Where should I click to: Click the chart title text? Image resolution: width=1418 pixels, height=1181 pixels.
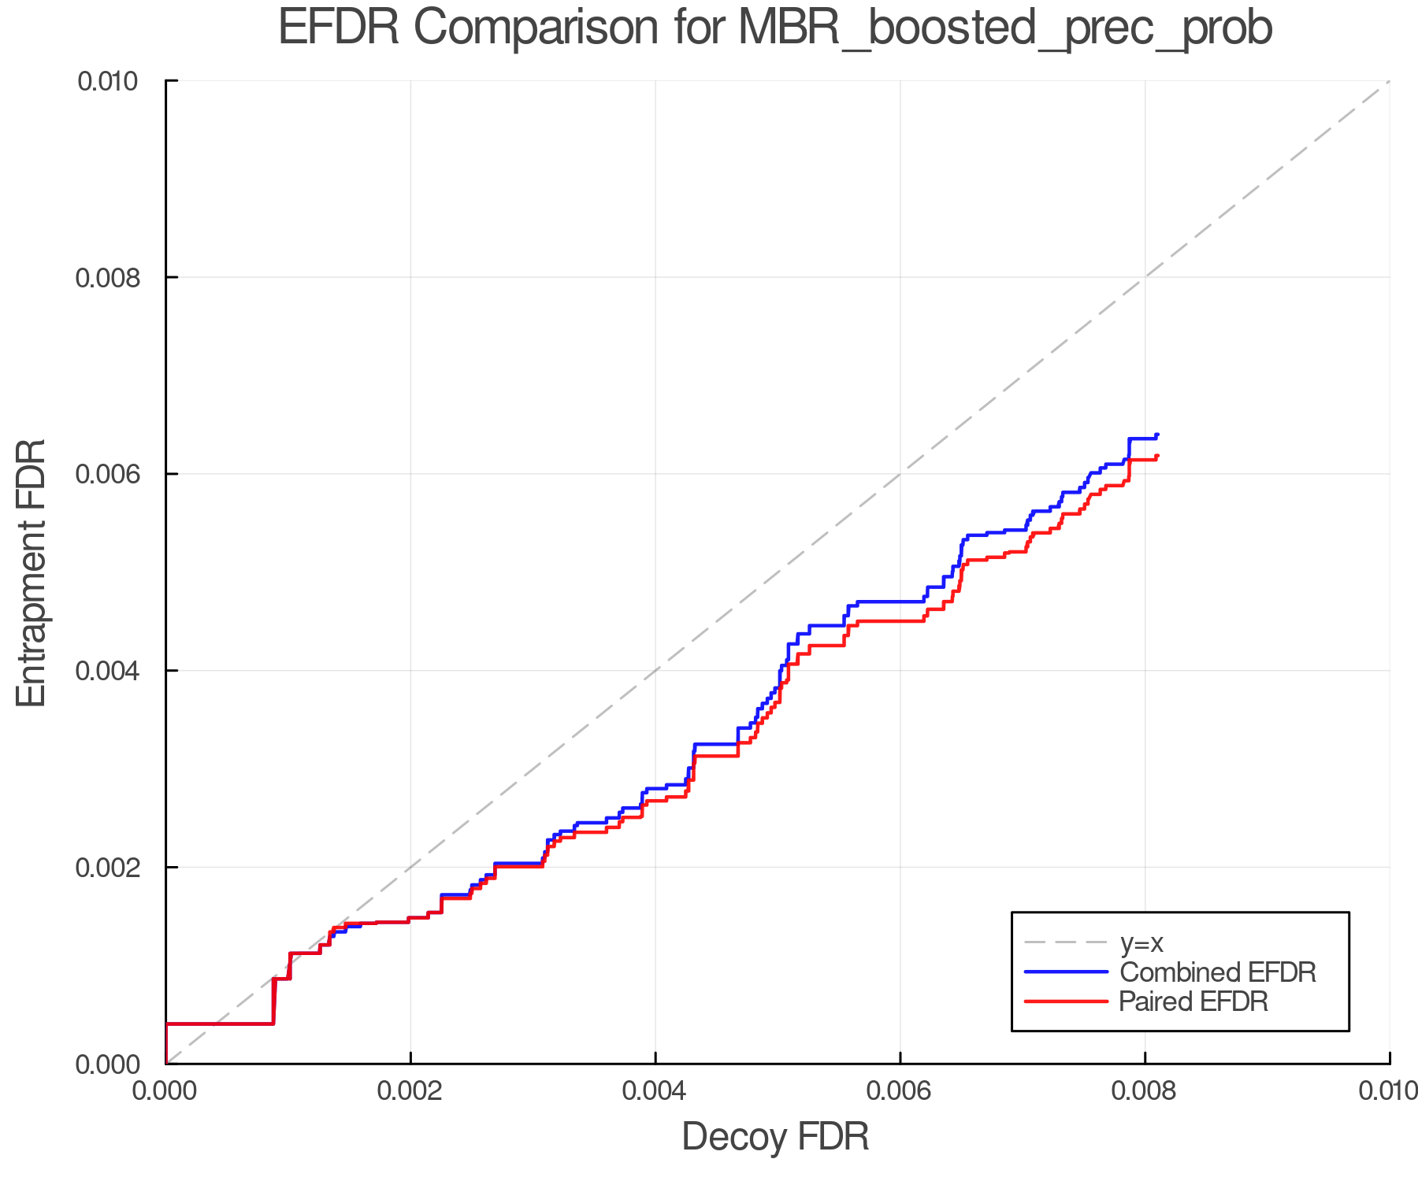[775, 28]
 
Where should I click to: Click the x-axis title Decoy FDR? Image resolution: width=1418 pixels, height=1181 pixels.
[775, 1137]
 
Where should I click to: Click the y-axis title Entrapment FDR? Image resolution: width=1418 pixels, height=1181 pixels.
[32, 572]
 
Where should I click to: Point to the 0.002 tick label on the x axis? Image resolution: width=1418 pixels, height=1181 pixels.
[410, 1091]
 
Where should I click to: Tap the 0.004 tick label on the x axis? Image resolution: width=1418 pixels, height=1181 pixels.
[655, 1091]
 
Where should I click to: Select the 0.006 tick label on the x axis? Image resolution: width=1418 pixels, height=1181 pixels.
[900, 1091]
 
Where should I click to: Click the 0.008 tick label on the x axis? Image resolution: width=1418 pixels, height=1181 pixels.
[1145, 1091]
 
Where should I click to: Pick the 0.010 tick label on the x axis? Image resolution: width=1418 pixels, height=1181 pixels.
[1388, 1091]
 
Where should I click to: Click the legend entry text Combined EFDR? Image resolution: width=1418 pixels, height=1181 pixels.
[1218, 972]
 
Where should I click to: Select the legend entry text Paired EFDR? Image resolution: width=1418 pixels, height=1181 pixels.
[1194, 1001]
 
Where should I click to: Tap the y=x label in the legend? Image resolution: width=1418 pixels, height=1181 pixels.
[1141, 942]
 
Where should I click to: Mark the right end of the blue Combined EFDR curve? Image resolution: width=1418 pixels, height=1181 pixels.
[1157, 435]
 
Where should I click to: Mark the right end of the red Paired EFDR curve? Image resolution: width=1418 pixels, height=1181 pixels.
[1157, 455]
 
